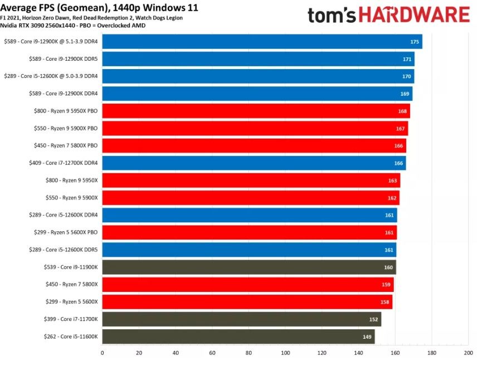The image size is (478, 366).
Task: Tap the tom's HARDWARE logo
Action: click(388, 14)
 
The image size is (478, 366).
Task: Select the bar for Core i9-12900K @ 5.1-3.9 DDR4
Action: click(262, 42)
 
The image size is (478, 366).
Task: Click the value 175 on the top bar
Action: click(414, 42)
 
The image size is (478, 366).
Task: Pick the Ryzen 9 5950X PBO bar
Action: click(256, 111)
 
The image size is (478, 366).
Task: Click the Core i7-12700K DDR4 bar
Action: click(253, 163)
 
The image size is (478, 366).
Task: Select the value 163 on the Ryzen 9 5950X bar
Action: click(392, 180)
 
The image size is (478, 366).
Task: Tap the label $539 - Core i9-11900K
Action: click(71, 267)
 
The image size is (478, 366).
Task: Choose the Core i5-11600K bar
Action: click(238, 336)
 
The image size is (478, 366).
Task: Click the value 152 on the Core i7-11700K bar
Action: click(373, 319)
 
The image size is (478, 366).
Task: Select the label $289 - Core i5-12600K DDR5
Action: click(63, 250)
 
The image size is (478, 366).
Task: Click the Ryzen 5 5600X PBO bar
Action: click(249, 232)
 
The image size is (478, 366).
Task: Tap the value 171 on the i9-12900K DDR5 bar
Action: click(407, 59)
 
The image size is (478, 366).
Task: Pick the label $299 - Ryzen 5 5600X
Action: click(71, 302)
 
